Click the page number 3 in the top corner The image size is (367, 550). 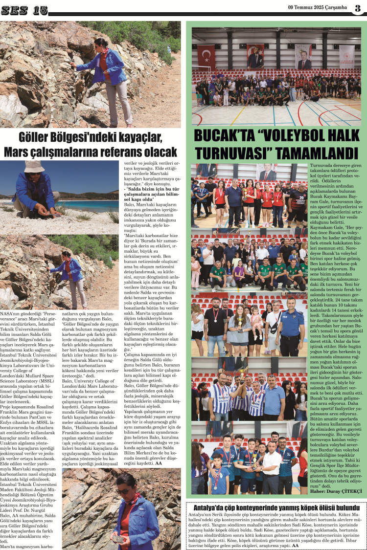(358, 8)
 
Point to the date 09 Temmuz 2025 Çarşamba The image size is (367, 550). (319, 8)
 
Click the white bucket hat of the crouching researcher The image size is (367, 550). (34, 167)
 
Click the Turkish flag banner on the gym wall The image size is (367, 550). (206, 56)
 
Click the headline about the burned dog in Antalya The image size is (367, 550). (276, 507)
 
